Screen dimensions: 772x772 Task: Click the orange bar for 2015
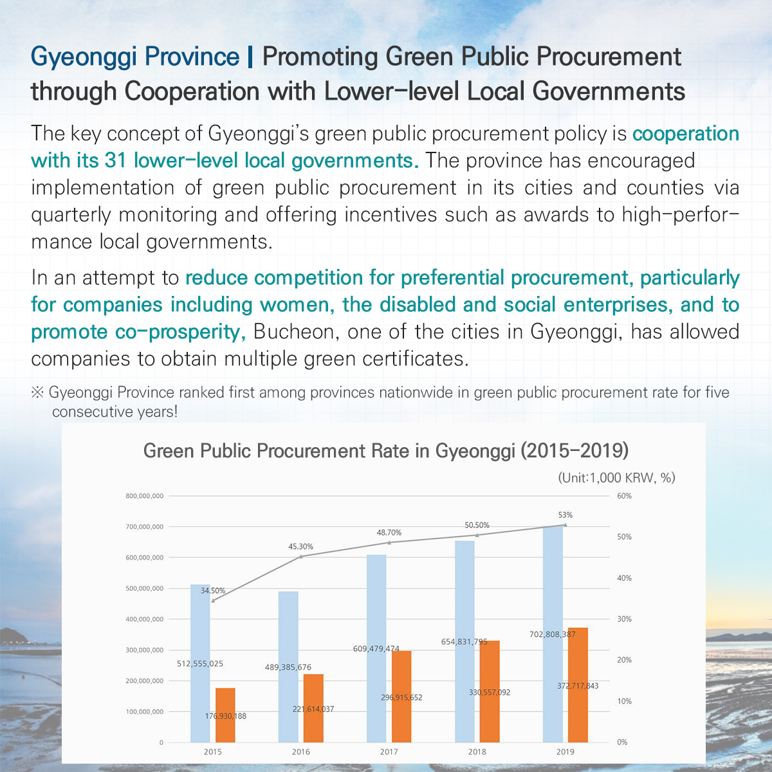[225, 715]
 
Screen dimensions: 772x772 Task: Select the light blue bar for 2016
[288, 666]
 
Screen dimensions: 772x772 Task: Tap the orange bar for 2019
[578, 685]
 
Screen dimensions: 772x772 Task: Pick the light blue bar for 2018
[464, 641]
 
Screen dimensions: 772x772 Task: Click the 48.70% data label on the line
[389, 533]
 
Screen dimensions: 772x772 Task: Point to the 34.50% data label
[213, 591]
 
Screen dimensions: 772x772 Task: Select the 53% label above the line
[565, 515]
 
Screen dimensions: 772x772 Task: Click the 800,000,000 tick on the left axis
[145, 496]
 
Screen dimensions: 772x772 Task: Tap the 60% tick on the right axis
[624, 496]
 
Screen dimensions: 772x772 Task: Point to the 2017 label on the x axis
[389, 752]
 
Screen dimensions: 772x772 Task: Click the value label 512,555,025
[200, 664]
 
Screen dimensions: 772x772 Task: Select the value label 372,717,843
[578, 686]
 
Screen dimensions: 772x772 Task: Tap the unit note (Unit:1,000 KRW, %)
[616, 477]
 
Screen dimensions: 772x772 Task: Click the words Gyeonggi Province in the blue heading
[135, 57]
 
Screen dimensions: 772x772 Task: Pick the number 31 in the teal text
[116, 160]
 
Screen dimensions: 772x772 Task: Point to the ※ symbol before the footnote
[37, 392]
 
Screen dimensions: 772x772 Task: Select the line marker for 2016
[301, 556]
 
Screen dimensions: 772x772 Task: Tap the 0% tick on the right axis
[622, 742]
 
